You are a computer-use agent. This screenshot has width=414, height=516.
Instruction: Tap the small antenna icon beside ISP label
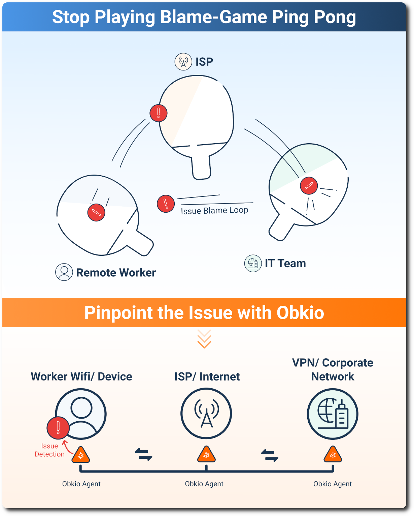pyautogui.click(x=183, y=62)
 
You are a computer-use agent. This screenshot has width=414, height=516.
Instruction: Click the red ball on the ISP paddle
pyautogui.click(x=159, y=113)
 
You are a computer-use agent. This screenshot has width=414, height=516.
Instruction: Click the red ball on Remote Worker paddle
pyautogui.click(x=96, y=212)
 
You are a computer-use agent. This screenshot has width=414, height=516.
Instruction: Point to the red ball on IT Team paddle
pyautogui.click(x=309, y=186)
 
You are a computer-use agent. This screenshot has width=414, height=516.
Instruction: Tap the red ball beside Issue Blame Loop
pyautogui.click(x=166, y=204)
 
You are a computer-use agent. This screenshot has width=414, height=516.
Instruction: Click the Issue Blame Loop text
pyautogui.click(x=214, y=211)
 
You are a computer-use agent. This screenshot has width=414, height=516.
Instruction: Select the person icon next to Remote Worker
pyautogui.click(x=64, y=272)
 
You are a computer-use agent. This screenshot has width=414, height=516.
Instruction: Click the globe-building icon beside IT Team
pyautogui.click(x=253, y=263)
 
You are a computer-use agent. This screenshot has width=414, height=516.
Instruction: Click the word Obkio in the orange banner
pyautogui.click(x=300, y=313)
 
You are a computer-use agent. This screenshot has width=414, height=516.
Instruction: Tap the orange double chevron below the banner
pyautogui.click(x=204, y=339)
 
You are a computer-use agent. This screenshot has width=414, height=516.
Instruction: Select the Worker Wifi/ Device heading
pyautogui.click(x=81, y=376)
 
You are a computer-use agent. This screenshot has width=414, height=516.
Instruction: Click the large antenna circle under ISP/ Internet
pyautogui.click(x=206, y=413)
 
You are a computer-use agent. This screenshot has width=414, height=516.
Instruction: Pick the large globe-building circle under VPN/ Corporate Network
pyautogui.click(x=333, y=414)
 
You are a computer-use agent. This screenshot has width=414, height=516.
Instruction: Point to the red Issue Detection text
pyautogui.click(x=49, y=450)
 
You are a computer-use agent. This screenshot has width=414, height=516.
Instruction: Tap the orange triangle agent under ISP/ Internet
pyautogui.click(x=206, y=455)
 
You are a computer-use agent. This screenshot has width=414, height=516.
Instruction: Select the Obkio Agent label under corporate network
pyautogui.click(x=332, y=484)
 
